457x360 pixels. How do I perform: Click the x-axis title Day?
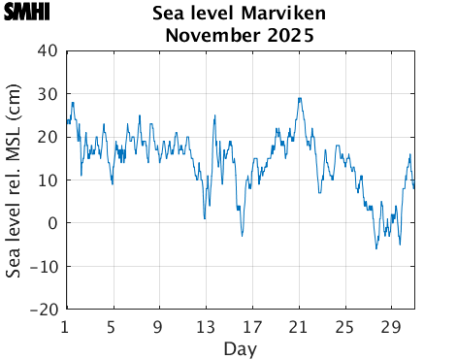coord(240,347)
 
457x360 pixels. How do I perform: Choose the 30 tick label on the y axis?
coord(48,94)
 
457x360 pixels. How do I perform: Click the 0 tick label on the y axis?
coord(52,223)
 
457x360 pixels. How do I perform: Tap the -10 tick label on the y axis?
coord(45,267)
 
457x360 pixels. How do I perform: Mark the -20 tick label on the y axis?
coord(45,310)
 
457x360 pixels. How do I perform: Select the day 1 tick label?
coord(65,326)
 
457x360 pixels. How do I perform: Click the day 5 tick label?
coord(113,326)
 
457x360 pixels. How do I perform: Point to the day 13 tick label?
coord(206,326)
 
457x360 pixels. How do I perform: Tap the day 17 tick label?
coord(252,326)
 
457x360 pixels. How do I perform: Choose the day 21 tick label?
coord(299,326)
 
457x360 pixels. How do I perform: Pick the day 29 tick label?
coord(392,326)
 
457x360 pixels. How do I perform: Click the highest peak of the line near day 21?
coord(300,98)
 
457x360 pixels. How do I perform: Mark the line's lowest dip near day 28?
coord(376,248)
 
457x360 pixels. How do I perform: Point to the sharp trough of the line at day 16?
coord(243,235)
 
